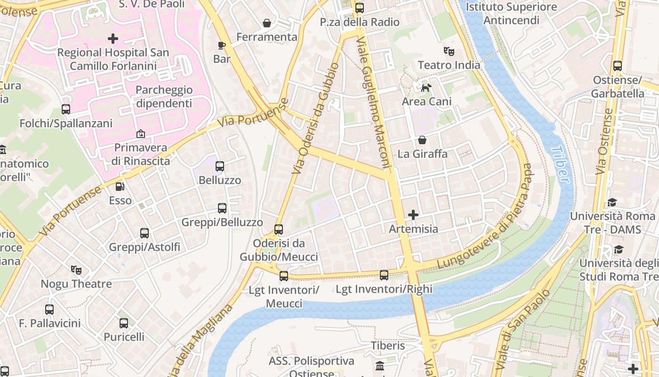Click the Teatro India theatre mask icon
[449, 51]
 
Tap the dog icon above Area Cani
[426, 88]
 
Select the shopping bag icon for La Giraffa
[422, 140]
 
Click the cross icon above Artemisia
[413, 215]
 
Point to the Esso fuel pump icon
[120, 187]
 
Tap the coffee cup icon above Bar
[222, 45]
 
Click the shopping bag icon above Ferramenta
[267, 23]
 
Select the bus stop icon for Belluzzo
[220, 166]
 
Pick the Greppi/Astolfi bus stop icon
[145, 233]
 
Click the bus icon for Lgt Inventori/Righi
[384, 275]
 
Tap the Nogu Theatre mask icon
[76, 270]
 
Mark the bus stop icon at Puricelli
[124, 323]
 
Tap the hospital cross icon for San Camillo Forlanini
[113, 38]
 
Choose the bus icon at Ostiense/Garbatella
[618, 66]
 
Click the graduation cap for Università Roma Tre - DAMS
[612, 202]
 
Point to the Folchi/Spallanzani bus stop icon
[66, 109]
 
